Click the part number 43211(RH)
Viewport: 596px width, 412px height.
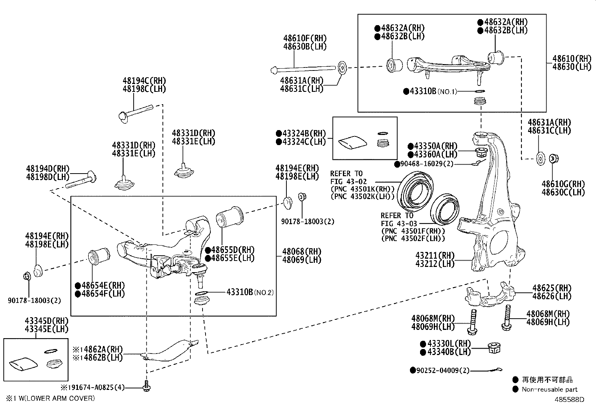[434, 255]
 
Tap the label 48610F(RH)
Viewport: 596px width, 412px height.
[305, 38]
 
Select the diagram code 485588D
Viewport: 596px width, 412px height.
[569, 399]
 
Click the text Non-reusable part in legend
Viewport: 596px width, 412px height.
[550, 390]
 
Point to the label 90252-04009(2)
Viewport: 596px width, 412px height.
[442, 370]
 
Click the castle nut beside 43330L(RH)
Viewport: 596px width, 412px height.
[495, 348]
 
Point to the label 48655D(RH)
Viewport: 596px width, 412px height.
[232, 250]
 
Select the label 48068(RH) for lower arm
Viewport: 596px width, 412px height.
[301, 251]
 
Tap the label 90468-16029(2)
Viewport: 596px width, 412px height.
[426, 164]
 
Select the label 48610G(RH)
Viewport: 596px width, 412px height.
[563, 184]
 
